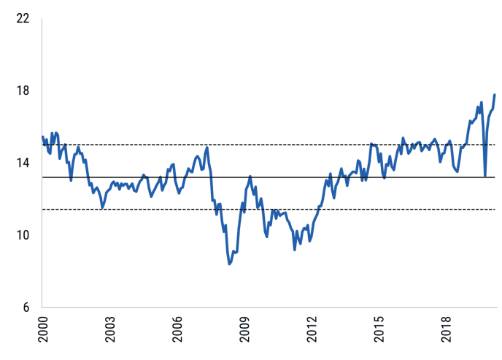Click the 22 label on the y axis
(23, 18)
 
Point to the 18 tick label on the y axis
(23, 91)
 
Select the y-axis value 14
(23, 163)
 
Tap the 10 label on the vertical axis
(23, 235)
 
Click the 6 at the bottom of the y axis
(26, 307)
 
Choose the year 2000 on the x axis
(43, 329)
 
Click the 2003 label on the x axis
(110, 329)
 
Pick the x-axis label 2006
(177, 329)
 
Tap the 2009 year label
(244, 329)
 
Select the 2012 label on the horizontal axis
(312, 329)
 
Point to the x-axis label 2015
(379, 329)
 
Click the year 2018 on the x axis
(447, 329)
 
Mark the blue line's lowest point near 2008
(230, 264)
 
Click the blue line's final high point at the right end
(495, 95)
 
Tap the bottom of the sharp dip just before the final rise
(485, 175)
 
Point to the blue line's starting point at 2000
(42, 137)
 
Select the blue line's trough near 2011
(295, 250)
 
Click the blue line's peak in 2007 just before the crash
(207, 148)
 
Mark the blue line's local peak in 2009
(250, 176)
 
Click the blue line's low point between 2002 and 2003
(102, 208)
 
